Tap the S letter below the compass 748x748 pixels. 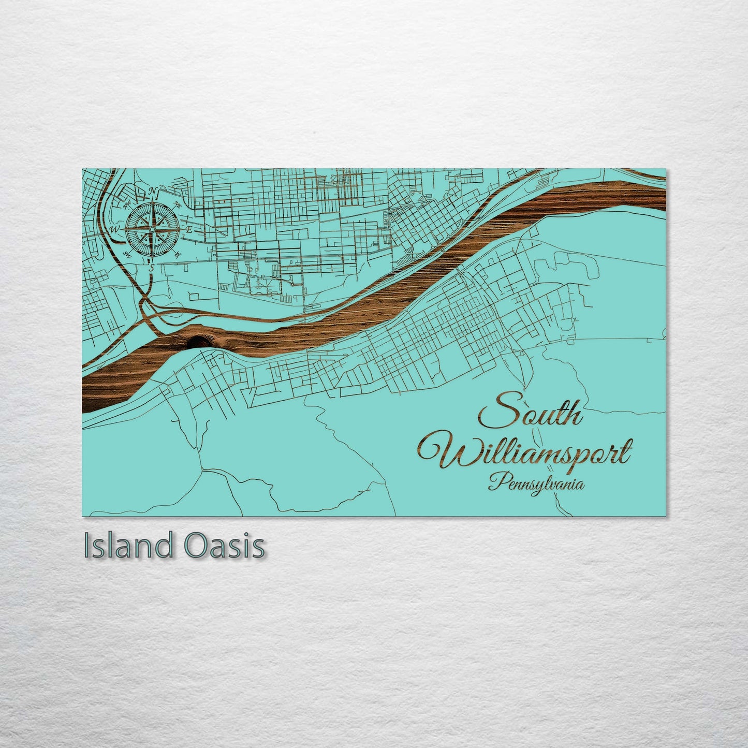pos(152,268)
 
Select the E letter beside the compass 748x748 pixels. pos(189,229)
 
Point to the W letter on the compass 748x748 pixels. pos(115,229)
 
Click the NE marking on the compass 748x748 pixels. pos(178,203)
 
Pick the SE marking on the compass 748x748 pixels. pos(178,254)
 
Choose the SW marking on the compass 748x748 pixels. pos(127,254)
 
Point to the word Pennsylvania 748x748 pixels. pos(536,484)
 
